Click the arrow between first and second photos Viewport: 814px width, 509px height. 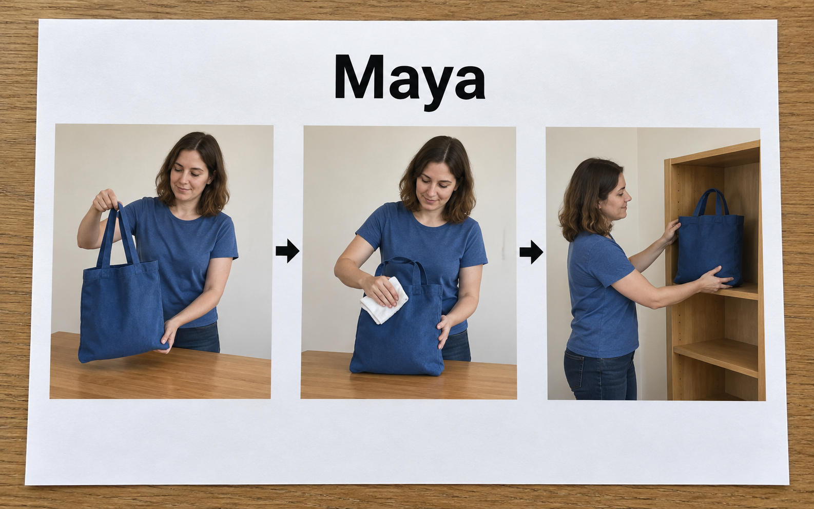coord(287,251)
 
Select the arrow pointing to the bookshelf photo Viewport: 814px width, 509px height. coord(531,251)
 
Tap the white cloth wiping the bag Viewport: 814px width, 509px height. coord(384,300)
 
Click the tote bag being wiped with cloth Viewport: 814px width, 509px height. coord(397,320)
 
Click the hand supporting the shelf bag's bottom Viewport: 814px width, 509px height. coord(714,280)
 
